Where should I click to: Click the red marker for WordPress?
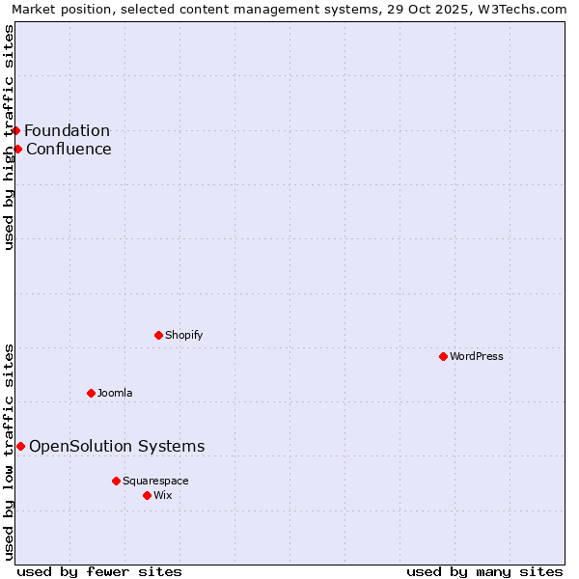443,356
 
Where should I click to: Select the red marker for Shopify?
158,335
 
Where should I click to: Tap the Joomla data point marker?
91,393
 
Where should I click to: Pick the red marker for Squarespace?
116,481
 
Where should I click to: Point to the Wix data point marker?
147,495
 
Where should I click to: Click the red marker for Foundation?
15,130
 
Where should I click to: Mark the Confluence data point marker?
17,149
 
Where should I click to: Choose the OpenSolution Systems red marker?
20,446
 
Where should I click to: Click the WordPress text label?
477,356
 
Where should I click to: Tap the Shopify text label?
183,335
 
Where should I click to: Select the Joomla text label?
115,393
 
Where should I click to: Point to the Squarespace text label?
155,481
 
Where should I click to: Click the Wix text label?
162,495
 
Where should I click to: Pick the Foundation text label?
67,131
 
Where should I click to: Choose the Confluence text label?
69,149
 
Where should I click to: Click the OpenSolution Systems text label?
117,446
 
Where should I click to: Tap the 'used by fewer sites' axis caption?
99,571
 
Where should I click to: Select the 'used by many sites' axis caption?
484,571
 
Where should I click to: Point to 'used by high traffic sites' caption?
10,137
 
